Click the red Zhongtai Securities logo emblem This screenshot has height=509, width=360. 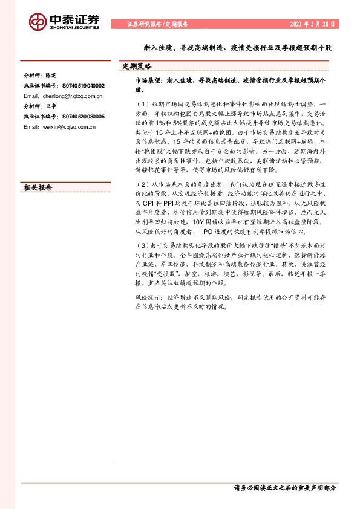(x=38, y=22)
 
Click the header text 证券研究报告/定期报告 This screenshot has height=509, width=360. (x=157, y=24)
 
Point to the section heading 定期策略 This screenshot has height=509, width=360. (x=137, y=66)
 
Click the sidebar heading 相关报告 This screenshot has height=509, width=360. (x=38, y=187)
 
